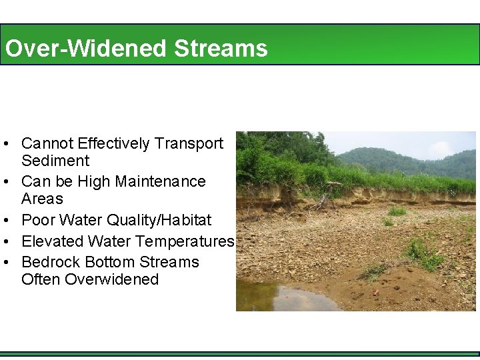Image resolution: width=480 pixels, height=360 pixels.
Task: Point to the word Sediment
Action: click(x=55, y=161)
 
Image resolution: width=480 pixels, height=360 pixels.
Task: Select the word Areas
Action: click(x=42, y=199)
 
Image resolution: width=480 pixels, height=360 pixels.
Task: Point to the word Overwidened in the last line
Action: click(x=112, y=279)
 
